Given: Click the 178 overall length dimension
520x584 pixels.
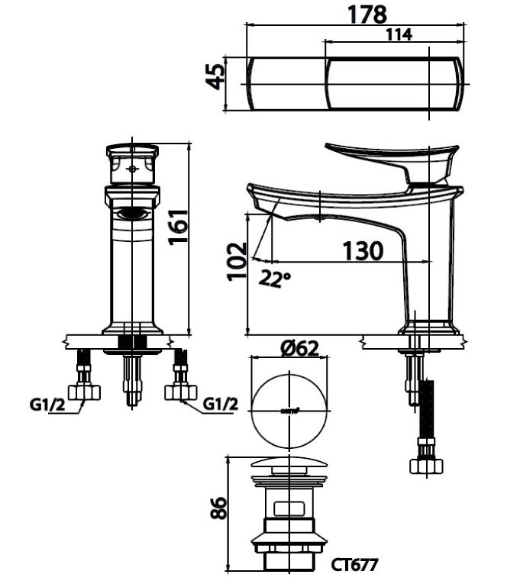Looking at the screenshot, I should click(x=367, y=13).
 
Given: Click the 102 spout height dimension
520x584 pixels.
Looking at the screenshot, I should click(x=237, y=262).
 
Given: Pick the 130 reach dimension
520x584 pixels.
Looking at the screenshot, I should click(x=362, y=250).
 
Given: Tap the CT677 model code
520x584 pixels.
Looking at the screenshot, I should click(x=355, y=565).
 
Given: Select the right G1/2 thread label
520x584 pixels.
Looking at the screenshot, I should click(x=221, y=404).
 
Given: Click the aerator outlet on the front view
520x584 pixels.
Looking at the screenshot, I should click(x=134, y=215).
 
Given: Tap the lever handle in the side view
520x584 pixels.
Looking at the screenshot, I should click(x=389, y=158).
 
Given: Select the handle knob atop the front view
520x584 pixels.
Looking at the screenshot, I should click(x=133, y=164).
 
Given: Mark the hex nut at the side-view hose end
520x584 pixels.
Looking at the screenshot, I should click(x=426, y=465).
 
